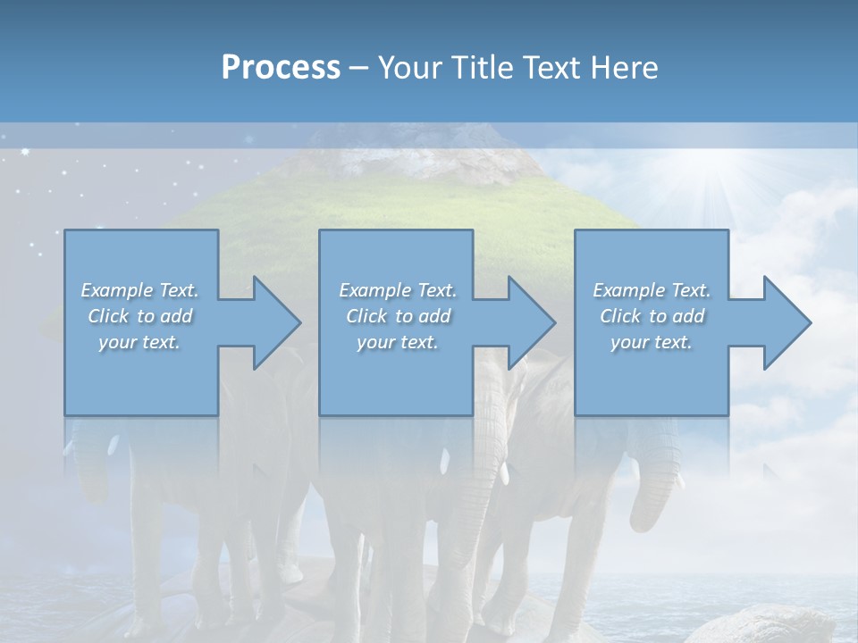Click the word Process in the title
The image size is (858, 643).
(x=281, y=67)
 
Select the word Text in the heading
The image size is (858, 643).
(x=550, y=67)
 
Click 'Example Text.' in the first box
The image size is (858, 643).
(x=139, y=290)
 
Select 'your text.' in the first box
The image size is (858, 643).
(x=139, y=342)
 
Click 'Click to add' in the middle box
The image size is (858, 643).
(x=398, y=316)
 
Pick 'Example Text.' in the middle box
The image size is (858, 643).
(x=398, y=290)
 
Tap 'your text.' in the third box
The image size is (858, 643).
(x=652, y=342)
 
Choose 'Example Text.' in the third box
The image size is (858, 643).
(x=652, y=290)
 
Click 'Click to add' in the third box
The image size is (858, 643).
(x=652, y=316)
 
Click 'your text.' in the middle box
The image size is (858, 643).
(x=398, y=342)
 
